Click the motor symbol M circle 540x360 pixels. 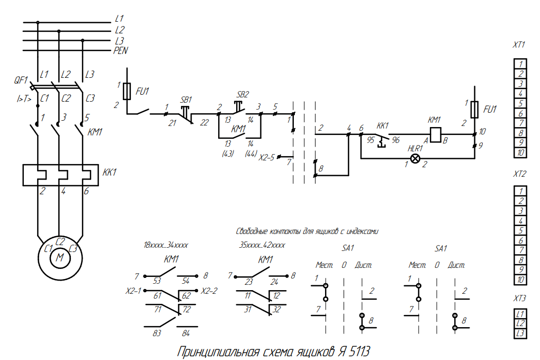click(x=60, y=258)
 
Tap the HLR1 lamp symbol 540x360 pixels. click(x=416, y=158)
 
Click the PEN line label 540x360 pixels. click(x=121, y=51)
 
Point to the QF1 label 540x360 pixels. click(x=21, y=80)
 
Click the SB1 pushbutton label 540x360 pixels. click(x=186, y=100)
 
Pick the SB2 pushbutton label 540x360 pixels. click(x=242, y=95)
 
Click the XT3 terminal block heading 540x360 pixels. click(x=519, y=298)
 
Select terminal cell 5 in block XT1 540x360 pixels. click(x=521, y=104)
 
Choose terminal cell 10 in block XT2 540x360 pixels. click(x=521, y=280)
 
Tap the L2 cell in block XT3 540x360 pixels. click(x=521, y=323)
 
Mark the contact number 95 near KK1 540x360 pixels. click(x=371, y=140)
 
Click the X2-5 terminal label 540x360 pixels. click(x=266, y=157)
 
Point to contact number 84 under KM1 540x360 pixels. click(x=186, y=334)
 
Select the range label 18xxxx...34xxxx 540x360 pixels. click(x=166, y=246)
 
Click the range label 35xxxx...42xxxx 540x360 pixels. click(x=263, y=246)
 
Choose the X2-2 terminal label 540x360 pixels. click(x=210, y=291)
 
